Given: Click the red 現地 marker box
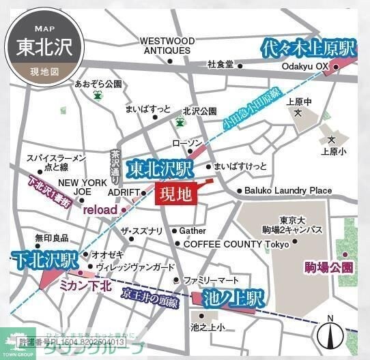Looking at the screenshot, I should click(x=175, y=194).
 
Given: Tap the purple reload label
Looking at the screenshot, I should click(x=100, y=210).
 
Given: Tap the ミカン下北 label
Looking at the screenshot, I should click(x=85, y=286).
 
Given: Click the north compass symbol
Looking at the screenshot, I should click(x=330, y=333).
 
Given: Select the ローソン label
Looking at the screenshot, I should click(x=187, y=143).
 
